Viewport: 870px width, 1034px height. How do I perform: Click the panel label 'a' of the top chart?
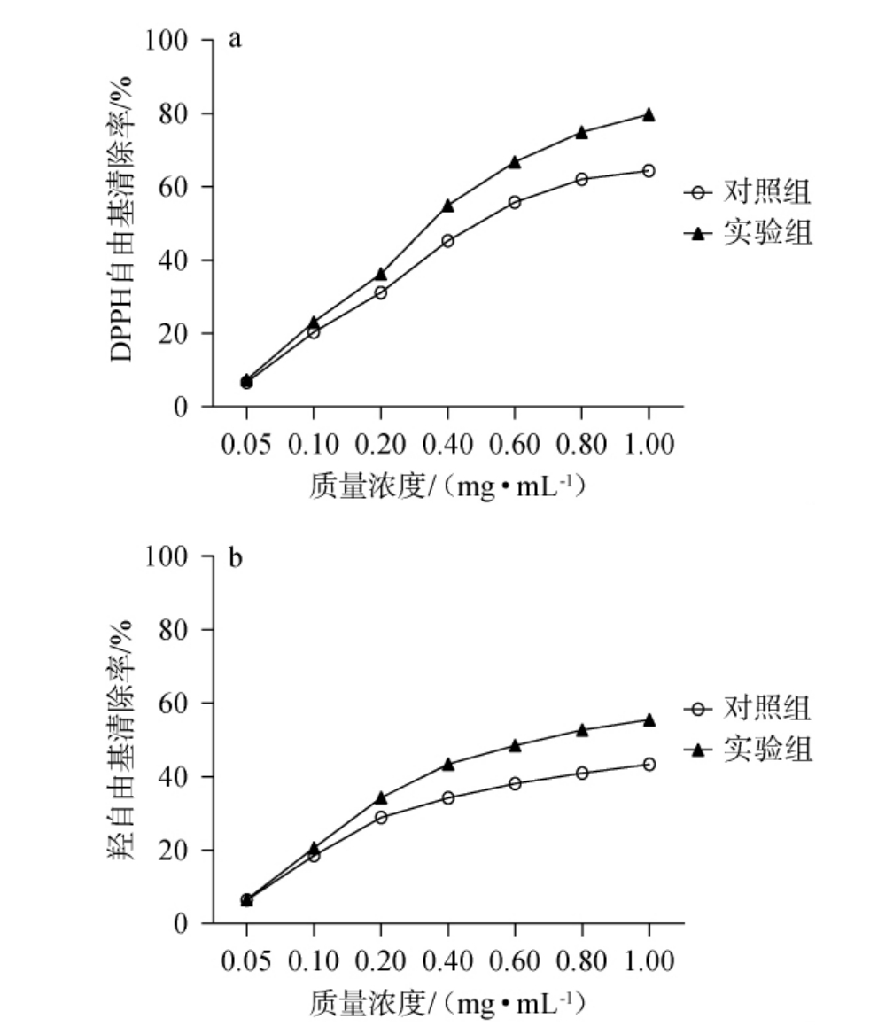click(x=235, y=41)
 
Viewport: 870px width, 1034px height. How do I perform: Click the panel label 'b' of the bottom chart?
click(x=236, y=558)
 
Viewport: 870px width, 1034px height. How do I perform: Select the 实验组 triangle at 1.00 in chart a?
click(x=649, y=114)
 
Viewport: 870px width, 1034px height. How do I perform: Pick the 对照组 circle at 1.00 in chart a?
click(x=649, y=170)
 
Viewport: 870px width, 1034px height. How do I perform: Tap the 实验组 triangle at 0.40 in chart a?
click(x=447, y=206)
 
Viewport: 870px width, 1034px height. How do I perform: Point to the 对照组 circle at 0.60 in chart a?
click(x=515, y=202)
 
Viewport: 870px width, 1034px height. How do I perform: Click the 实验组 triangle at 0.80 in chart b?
click(x=582, y=730)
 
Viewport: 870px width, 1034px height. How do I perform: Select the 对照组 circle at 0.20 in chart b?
click(x=381, y=817)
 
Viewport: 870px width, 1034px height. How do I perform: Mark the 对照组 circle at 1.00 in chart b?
click(x=649, y=764)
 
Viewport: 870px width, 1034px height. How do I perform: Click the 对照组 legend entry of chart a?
click(x=748, y=190)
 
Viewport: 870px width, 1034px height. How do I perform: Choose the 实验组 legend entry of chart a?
click(x=748, y=233)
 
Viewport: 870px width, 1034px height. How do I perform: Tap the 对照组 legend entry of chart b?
click(x=748, y=709)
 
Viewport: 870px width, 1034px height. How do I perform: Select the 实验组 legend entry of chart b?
click(x=748, y=750)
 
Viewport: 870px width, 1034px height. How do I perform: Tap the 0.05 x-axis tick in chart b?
click(x=247, y=960)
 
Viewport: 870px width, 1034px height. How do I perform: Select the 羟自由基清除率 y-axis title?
click(x=123, y=740)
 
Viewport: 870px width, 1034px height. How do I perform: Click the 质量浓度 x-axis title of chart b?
click(x=448, y=1005)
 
